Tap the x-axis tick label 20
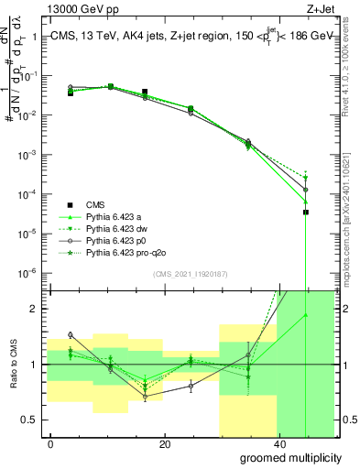pos(165,443)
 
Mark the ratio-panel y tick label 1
pos(33,365)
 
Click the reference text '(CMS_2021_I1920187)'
pos(190,274)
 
